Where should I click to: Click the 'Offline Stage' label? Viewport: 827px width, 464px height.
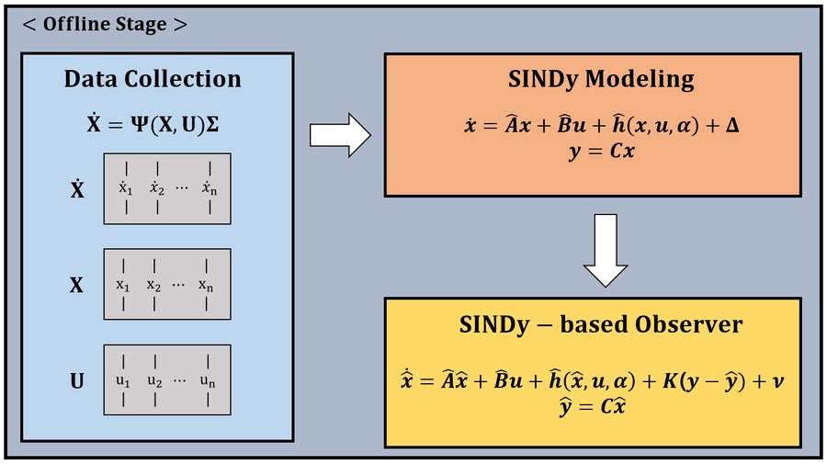pos(105,24)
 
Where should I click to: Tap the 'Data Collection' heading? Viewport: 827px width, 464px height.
pos(153,79)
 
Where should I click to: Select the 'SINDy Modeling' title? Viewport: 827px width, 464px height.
pos(601,80)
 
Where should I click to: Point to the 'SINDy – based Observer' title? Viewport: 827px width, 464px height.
pos(601,324)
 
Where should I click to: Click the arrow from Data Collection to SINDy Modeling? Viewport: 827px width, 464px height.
pos(340,135)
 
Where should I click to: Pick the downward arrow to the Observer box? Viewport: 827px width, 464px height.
pos(606,251)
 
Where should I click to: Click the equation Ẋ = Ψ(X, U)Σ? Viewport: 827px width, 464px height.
pos(153,124)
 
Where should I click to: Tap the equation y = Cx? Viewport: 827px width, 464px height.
pos(601,152)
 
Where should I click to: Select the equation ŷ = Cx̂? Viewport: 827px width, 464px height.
pos(593,407)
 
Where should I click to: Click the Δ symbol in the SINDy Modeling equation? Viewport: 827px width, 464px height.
pos(732,126)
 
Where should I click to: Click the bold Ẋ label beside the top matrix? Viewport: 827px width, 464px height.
pos(77,188)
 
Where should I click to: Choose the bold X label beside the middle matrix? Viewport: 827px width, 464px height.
pos(76,285)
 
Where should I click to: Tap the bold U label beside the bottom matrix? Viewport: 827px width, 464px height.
pos(77,380)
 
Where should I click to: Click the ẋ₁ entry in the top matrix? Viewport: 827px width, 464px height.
pos(126,187)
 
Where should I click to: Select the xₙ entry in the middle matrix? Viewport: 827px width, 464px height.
pos(206,285)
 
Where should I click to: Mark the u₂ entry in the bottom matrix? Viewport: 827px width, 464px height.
pos(154,381)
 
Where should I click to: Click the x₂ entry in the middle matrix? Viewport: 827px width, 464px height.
pos(153,285)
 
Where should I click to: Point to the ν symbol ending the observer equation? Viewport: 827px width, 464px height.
pos(778,381)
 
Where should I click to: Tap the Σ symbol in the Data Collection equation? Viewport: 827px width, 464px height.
pos(212,125)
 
